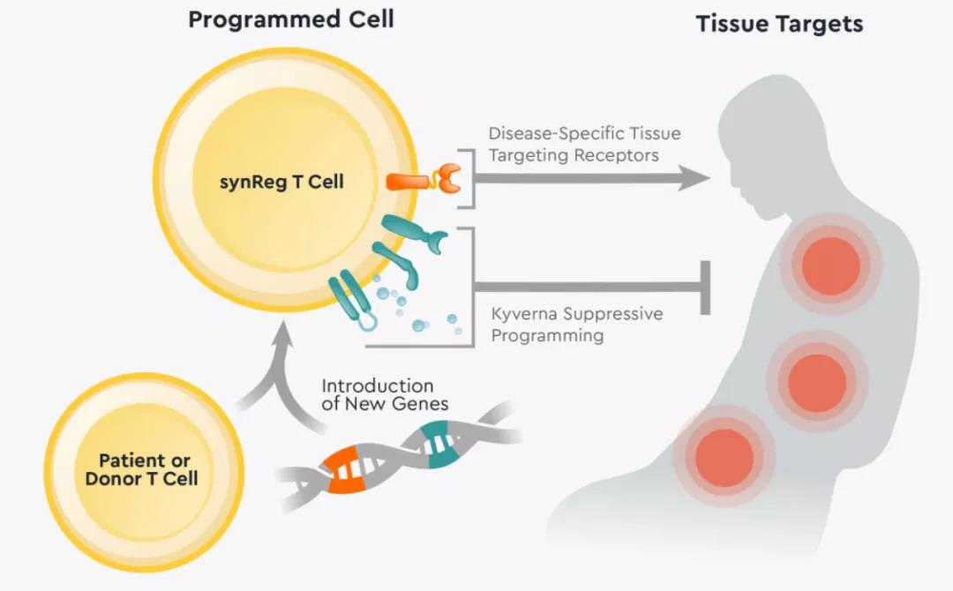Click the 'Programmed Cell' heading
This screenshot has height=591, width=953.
[x=290, y=19]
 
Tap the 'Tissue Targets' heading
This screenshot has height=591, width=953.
[x=779, y=23]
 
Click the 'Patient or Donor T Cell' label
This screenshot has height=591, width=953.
[x=144, y=470]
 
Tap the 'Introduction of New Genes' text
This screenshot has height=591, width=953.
[x=385, y=395]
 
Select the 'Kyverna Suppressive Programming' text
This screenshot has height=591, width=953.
[x=577, y=324]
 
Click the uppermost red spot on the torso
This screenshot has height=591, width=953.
[x=831, y=266]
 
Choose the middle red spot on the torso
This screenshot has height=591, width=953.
[x=817, y=382]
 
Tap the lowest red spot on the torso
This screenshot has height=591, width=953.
[x=724, y=457]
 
